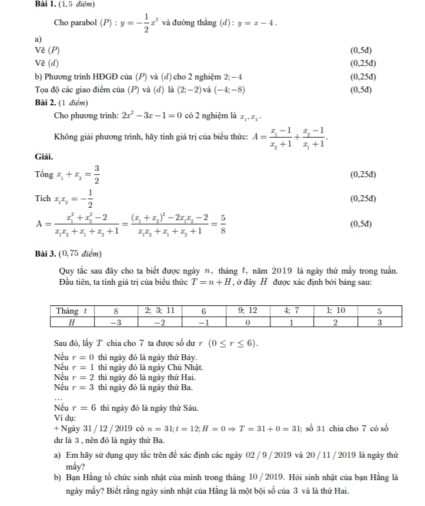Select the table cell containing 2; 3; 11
[x=159, y=311]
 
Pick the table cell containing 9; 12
[x=247, y=311]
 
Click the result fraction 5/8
[x=223, y=224]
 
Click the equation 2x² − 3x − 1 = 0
[x=153, y=116]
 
